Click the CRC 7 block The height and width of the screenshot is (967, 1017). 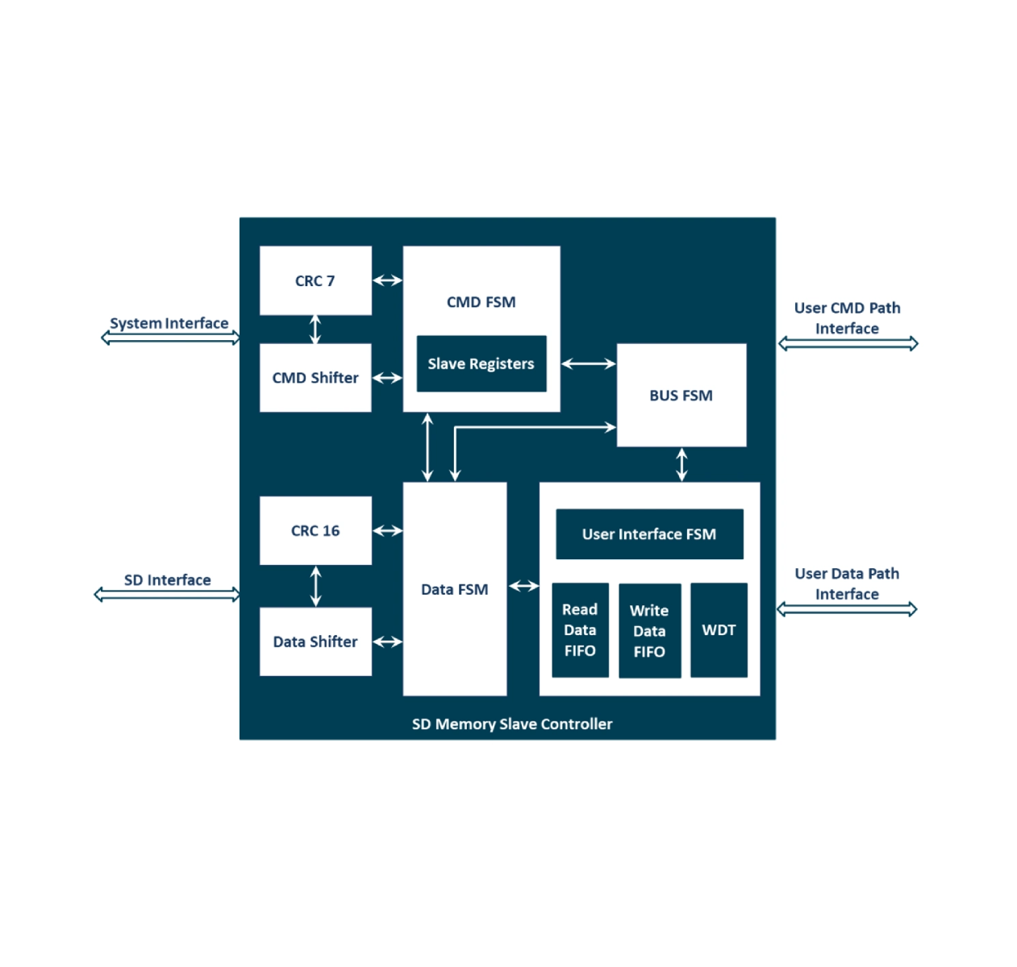[x=315, y=280]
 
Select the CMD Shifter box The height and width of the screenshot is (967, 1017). [x=315, y=378]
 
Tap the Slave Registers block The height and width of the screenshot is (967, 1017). [x=481, y=363]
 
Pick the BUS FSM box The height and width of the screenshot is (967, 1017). [x=681, y=396]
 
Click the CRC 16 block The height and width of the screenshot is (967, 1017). [x=315, y=530]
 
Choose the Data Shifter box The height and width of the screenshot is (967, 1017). [x=315, y=641]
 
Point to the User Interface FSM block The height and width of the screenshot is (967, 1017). [x=649, y=533]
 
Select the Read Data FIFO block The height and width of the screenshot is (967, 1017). [x=580, y=630]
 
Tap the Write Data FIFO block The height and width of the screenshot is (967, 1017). [x=649, y=631]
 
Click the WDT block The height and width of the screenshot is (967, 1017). [x=719, y=630]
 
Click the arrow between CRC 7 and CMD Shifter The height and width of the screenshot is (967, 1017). [x=315, y=329]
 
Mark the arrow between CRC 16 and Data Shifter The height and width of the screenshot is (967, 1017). [x=315, y=586]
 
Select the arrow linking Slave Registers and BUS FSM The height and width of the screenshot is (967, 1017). [x=588, y=364]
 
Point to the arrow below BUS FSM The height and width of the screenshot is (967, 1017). [x=681, y=465]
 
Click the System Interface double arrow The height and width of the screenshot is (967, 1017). [x=170, y=338]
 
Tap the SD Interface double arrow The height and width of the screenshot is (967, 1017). [x=167, y=595]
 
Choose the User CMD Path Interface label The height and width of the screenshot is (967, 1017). [x=847, y=318]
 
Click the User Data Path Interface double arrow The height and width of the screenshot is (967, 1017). [x=847, y=609]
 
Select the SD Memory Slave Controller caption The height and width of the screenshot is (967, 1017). [x=512, y=724]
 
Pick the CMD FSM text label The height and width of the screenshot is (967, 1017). [x=481, y=302]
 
